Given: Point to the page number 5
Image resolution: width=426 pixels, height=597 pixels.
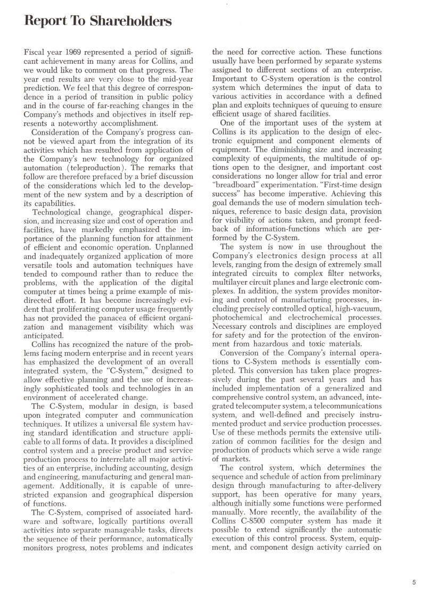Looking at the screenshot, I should tap(414, 583).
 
